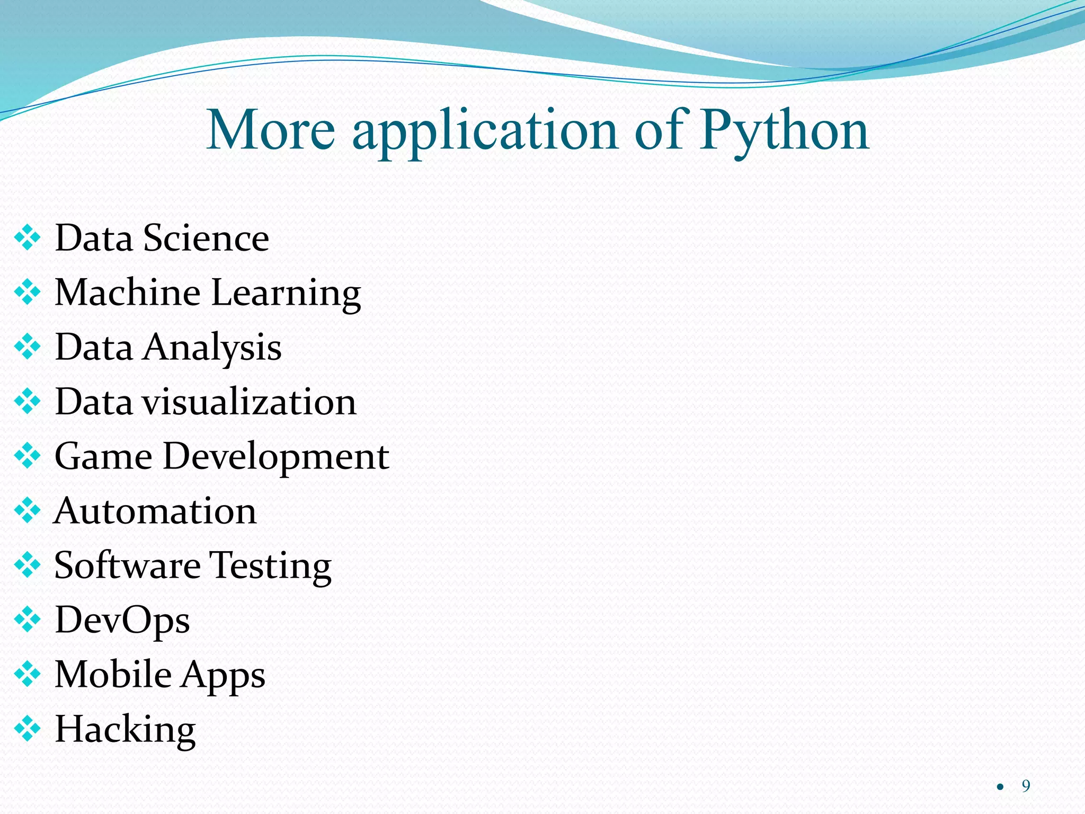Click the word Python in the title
tap(785, 130)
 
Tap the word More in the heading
tap(271, 129)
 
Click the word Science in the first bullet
tap(206, 238)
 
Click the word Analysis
tap(212, 348)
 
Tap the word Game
tap(103, 456)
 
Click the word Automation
tap(155, 511)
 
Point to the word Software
tap(127, 565)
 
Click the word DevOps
tap(122, 620)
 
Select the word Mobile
tap(113, 674)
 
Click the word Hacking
tap(125, 730)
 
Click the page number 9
tap(1026, 786)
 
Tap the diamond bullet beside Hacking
tap(28, 729)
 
